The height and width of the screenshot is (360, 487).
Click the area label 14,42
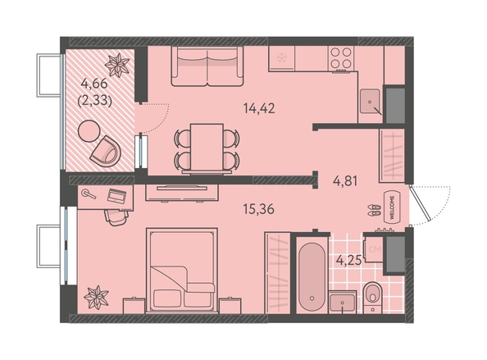259,108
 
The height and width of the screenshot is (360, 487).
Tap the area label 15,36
259,209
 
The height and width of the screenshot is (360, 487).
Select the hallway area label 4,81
344,180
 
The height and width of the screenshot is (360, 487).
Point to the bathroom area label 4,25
349,260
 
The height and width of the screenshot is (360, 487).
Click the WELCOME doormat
392,207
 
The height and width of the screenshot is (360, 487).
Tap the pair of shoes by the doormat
374,210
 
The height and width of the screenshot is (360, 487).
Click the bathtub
312,276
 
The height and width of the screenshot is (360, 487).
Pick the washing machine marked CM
373,249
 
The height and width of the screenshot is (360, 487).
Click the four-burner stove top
341,58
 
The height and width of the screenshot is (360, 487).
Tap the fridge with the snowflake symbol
282,58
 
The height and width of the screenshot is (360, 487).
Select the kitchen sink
370,101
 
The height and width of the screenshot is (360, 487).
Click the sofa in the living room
207,66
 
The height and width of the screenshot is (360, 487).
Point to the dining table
207,148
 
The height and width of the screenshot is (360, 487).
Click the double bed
182,271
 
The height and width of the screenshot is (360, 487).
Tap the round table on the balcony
89,131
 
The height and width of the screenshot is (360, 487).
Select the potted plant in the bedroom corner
96,297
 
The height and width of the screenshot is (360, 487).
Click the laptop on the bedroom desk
116,196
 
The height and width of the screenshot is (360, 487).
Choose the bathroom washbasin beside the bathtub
342,302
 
